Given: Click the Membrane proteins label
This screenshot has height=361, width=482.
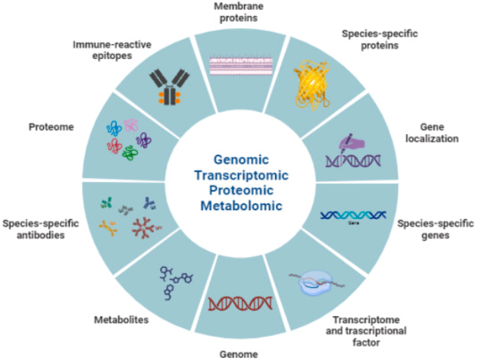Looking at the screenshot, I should (x=240, y=13).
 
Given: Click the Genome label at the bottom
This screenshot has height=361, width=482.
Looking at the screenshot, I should (x=239, y=353).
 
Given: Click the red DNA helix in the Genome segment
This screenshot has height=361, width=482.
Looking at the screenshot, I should (x=239, y=302).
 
